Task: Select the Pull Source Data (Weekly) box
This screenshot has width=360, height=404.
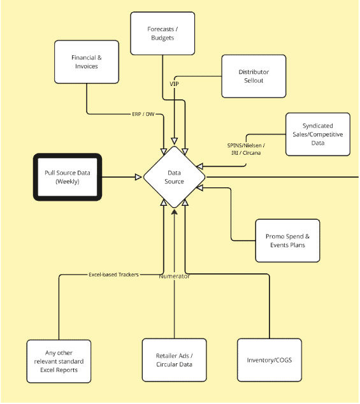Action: (67, 177)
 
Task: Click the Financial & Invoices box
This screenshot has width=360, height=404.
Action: (86, 62)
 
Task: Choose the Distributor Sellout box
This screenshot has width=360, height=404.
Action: (254, 76)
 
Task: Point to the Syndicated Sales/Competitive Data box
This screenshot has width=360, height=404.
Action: (317, 134)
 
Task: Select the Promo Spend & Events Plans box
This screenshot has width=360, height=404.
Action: (287, 241)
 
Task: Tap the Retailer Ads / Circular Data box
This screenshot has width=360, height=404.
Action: (174, 360)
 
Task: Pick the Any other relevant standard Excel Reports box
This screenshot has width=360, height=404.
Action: (59, 361)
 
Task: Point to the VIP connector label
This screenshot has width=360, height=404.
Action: (175, 83)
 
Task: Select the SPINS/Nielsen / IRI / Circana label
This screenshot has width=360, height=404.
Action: (246, 149)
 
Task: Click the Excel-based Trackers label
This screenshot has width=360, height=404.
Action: (113, 275)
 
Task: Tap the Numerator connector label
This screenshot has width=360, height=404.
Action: (175, 276)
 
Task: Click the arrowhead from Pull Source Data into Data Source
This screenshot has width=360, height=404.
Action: (138, 177)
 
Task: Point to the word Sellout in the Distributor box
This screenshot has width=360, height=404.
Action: (254, 80)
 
